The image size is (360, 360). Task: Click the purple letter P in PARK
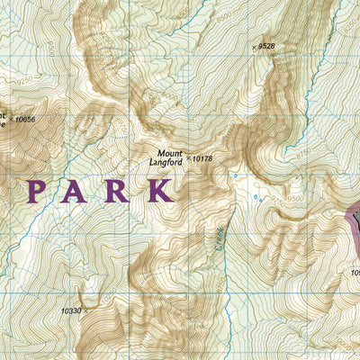(38, 192)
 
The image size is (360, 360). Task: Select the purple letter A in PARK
(78, 192)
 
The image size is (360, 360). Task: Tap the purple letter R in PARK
(118, 192)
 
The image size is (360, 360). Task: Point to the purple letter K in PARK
(160, 192)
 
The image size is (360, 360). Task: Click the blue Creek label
(219, 238)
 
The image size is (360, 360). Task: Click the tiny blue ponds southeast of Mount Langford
(258, 196)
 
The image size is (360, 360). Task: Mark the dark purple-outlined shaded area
(354, 220)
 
